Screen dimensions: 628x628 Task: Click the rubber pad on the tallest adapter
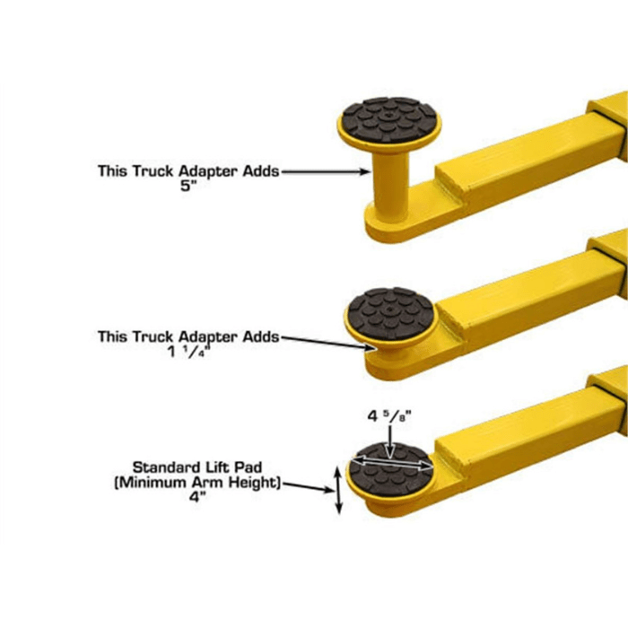click(x=388, y=122)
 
